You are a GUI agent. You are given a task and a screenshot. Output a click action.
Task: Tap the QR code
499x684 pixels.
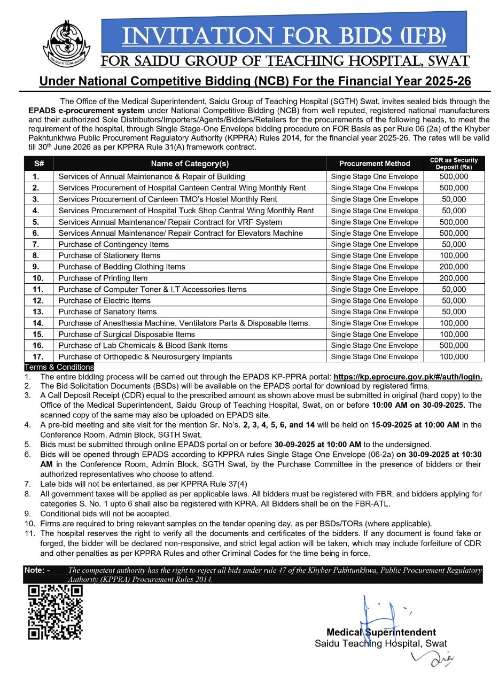click(56, 612)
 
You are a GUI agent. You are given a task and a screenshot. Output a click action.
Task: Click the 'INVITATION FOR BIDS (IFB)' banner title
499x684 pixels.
click(284, 36)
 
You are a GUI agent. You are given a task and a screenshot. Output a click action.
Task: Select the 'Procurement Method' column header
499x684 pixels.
click(375, 164)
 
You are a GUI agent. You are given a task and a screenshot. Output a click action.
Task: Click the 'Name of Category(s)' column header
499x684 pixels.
click(190, 164)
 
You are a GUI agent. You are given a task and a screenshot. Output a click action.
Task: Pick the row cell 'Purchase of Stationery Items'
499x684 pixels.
click(110, 255)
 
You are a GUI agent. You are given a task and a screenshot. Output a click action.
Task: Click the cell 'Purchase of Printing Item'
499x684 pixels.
click(103, 278)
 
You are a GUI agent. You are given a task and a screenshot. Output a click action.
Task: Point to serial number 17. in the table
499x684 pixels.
click(38, 356)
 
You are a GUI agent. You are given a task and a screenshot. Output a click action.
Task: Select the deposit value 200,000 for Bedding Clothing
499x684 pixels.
click(454, 267)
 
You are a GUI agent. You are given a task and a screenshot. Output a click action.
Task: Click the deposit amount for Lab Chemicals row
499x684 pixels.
click(454, 345)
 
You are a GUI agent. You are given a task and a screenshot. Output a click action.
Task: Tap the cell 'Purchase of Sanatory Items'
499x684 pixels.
click(107, 312)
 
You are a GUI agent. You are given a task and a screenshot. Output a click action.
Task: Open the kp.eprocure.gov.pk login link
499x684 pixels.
click(408, 377)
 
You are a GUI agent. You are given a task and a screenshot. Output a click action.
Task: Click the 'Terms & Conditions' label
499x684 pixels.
click(59, 367)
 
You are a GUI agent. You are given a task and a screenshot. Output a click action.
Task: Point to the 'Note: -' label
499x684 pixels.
click(37, 570)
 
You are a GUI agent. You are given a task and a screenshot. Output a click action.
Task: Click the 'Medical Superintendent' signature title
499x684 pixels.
click(381, 632)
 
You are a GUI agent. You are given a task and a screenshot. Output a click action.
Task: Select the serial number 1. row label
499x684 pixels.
click(36, 176)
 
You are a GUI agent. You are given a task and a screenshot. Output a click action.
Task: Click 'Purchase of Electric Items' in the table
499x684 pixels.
click(105, 300)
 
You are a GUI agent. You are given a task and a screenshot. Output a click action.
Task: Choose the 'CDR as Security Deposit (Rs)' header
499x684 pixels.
click(454, 164)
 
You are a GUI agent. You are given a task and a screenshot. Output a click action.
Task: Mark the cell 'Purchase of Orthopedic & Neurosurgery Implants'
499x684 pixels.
click(145, 356)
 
